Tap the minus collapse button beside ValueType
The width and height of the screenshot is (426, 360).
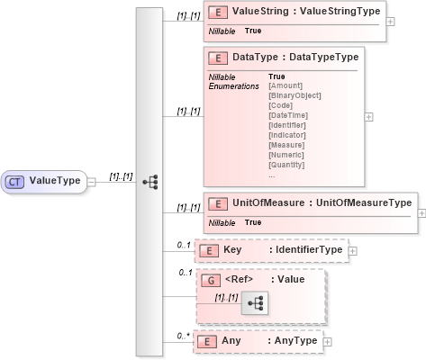pyautogui.click(x=93, y=181)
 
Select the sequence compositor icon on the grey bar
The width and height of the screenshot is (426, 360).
pyautogui.click(x=150, y=181)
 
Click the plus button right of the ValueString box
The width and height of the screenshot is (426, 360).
pyautogui.click(x=390, y=21)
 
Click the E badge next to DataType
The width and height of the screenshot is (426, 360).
pyautogui.click(x=217, y=58)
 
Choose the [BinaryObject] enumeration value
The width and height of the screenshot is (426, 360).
pyautogui.click(x=295, y=95)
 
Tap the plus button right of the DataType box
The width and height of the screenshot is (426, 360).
pyautogui.click(x=369, y=116)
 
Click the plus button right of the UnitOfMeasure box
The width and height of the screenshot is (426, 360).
pyautogui.click(x=421, y=213)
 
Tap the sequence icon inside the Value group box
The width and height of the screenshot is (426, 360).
pyautogui.click(x=255, y=305)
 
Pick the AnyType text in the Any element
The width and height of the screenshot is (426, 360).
pyautogui.click(x=294, y=341)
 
